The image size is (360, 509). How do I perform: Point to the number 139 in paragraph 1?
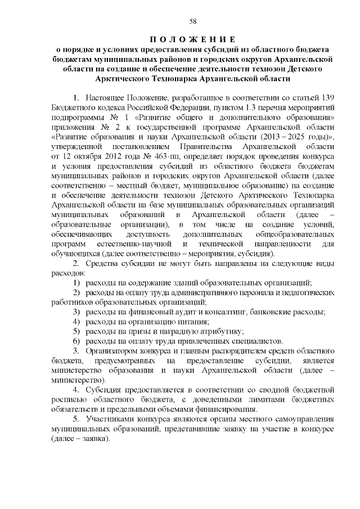(x=328, y=97)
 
